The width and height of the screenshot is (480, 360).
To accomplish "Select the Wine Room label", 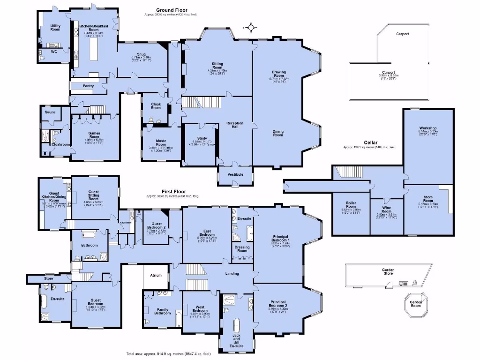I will click(386, 211).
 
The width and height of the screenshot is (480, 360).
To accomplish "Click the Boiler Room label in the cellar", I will click(351, 204).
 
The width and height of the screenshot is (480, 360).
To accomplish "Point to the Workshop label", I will click(428, 128).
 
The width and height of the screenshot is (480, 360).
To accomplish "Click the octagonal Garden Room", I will click(416, 303).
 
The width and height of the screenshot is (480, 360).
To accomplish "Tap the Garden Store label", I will click(388, 272).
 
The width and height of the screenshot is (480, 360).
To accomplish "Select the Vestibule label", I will click(235, 174).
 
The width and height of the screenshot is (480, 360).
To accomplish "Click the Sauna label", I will click(50, 112).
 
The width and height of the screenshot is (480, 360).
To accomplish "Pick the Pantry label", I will click(88, 86).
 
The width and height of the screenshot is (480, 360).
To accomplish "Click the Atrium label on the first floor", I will click(156, 276).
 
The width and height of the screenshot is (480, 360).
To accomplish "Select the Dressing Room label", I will click(242, 249).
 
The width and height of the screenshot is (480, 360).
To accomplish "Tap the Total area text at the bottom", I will click(168, 354).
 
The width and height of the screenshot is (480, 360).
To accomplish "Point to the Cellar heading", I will click(370, 142).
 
